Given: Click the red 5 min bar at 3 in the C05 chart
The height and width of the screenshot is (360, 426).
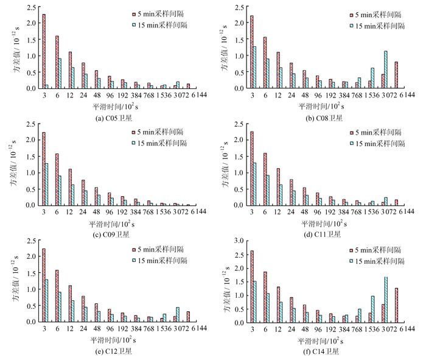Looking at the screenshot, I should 43,51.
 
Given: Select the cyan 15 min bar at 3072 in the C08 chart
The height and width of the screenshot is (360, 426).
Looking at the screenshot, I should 386,69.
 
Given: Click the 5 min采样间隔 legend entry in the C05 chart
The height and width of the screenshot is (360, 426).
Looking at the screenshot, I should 158,13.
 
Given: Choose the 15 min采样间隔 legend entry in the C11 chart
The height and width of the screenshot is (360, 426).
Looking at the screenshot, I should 372,143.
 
